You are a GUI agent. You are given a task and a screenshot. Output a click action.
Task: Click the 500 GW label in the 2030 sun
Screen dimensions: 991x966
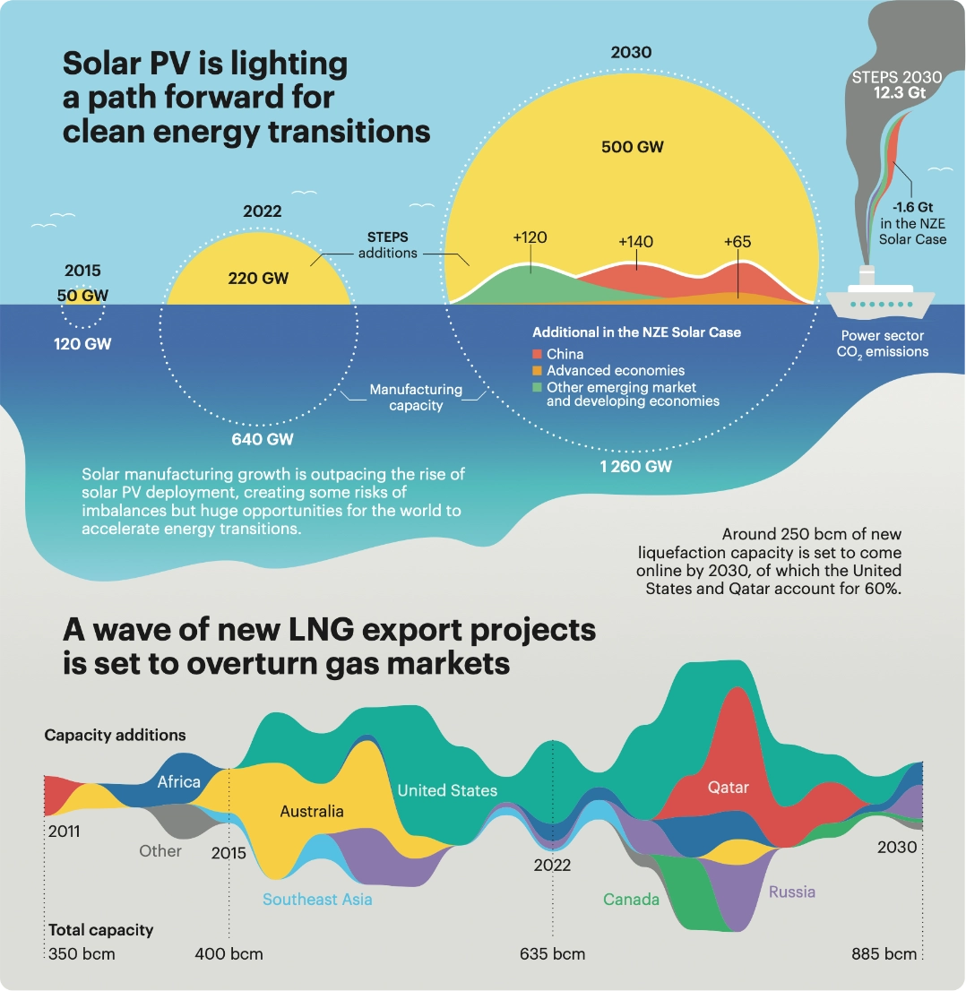point(632,146)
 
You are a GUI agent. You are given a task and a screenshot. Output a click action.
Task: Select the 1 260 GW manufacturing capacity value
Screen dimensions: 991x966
point(636,466)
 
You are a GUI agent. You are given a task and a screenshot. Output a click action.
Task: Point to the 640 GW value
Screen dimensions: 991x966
point(261,439)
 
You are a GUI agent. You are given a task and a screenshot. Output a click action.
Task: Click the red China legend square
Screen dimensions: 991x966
point(538,355)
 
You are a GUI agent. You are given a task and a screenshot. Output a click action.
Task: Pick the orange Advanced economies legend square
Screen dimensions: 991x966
point(538,370)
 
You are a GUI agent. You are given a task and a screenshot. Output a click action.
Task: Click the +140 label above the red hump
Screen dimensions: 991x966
point(635,242)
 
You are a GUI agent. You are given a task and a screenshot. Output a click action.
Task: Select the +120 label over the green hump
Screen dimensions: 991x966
point(530,237)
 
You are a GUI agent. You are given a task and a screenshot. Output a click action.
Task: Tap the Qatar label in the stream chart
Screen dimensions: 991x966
point(728,788)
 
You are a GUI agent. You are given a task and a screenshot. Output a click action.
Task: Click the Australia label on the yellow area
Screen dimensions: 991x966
point(312,811)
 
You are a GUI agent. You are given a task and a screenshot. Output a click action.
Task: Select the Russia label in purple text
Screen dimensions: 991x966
point(792,892)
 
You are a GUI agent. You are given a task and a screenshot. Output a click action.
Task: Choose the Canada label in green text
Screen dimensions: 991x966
point(631,899)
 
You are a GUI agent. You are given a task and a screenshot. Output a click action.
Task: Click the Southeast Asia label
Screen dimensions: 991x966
point(317,899)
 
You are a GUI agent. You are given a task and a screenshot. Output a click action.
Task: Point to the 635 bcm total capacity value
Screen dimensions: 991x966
point(552,953)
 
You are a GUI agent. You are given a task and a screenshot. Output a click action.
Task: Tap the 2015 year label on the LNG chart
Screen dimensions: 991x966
point(229,853)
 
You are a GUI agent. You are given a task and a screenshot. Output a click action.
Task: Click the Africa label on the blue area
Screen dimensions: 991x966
point(179,781)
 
